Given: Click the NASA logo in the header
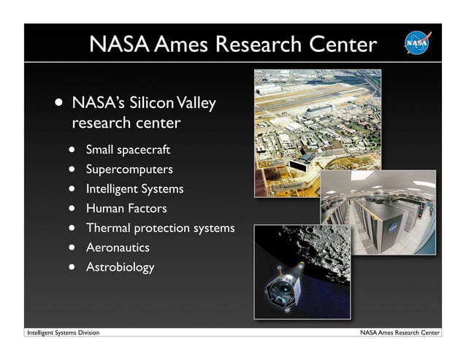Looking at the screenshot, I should tap(418, 43).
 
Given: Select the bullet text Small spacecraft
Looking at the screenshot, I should tap(128, 150).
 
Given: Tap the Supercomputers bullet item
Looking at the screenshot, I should tap(129, 169).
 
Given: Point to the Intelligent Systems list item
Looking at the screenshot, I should tap(134, 189).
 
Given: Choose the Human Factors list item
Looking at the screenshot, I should tap(126, 209).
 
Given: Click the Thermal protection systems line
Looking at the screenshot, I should tap(160, 228).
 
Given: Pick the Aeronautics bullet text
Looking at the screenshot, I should tap(118, 248).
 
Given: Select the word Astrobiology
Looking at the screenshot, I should tap(120, 267).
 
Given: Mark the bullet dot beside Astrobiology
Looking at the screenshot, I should tap(73, 267).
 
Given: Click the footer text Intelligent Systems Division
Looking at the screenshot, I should tap(63, 333).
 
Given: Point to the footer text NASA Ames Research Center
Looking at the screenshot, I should tap(400, 333).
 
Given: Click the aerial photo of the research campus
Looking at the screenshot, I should tap(307, 124).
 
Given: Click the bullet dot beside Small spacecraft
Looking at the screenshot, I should tap(73, 150).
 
